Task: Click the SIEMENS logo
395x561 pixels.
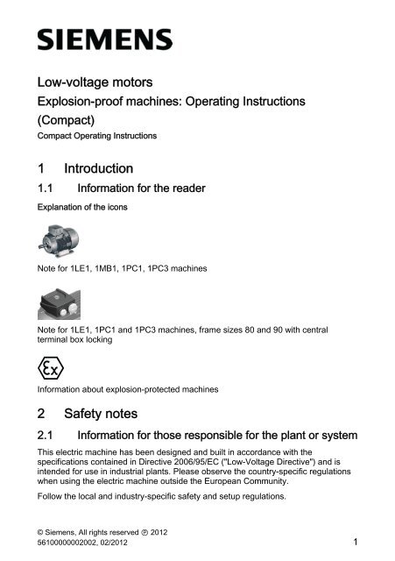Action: point(103,40)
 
